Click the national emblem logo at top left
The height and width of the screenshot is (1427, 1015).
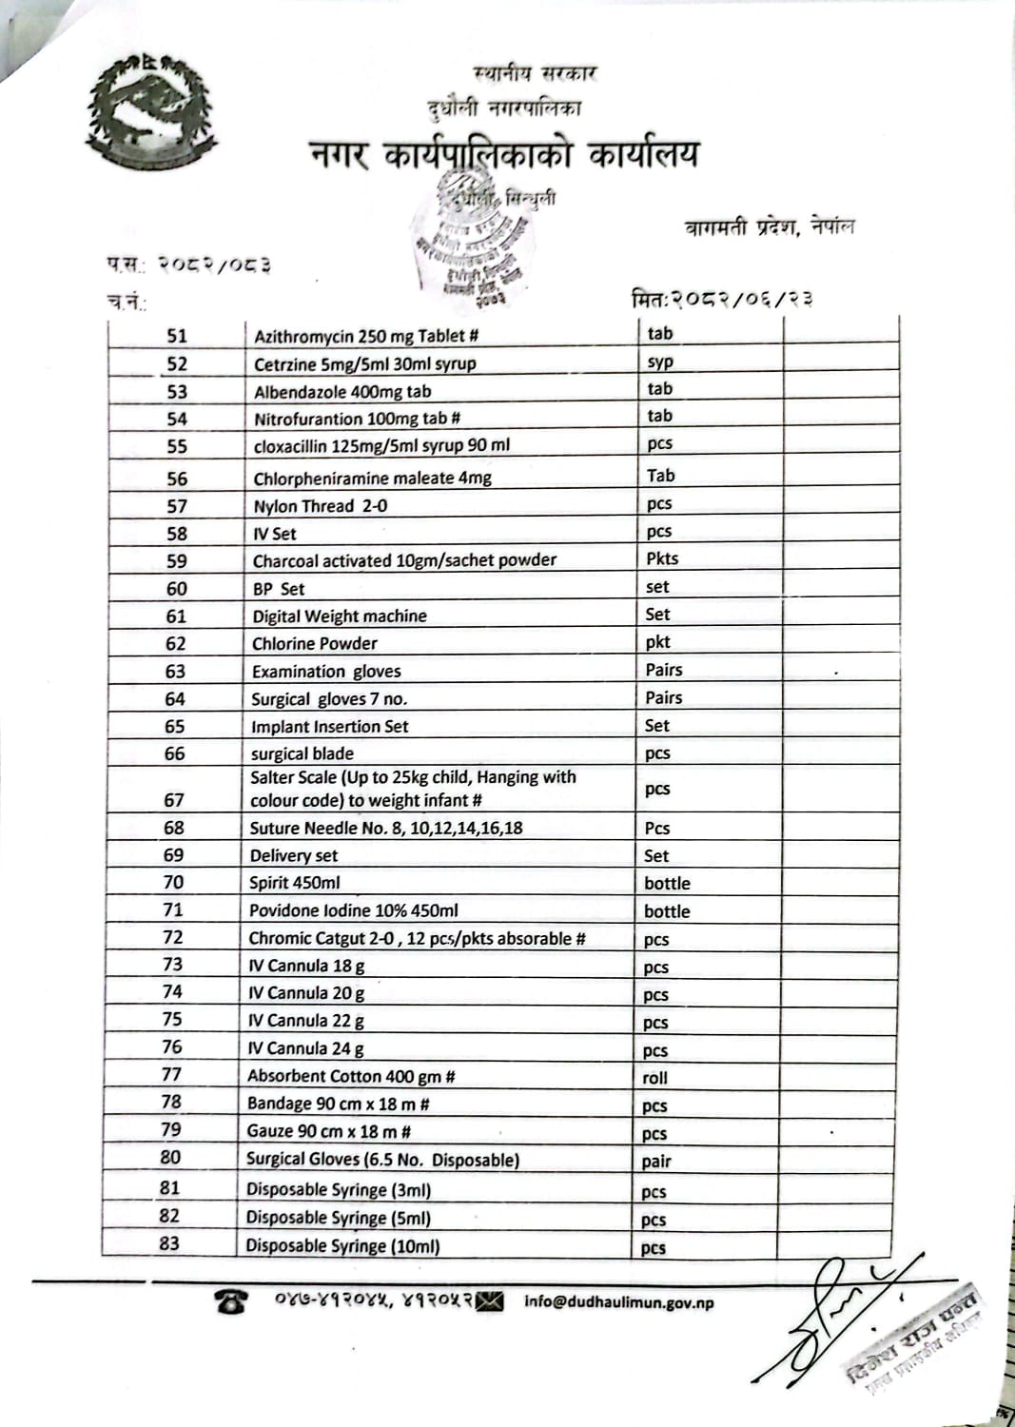pos(149,111)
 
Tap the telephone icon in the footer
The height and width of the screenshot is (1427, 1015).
pos(231,1301)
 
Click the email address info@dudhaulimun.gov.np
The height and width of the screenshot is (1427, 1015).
pos(618,1302)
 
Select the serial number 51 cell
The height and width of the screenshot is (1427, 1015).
pos(177,336)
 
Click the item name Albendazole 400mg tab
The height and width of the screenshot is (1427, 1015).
pos(342,392)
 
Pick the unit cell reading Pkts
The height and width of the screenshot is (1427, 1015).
pos(662,558)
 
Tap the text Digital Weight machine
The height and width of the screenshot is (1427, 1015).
pos(340,616)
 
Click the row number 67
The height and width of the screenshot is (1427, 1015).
pos(174,800)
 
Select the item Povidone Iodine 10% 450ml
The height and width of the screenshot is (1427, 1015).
pos(353,910)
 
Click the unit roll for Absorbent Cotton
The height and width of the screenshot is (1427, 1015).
pos(655,1078)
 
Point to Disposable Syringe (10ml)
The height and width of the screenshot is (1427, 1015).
pos(342,1246)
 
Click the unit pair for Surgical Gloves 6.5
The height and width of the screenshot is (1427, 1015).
pos(656,1162)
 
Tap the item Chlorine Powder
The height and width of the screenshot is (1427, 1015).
pos(315,644)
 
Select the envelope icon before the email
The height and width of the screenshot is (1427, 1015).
pos(490,1300)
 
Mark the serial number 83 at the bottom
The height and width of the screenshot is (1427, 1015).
pos(169,1243)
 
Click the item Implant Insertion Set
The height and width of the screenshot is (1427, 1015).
pos(329,727)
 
